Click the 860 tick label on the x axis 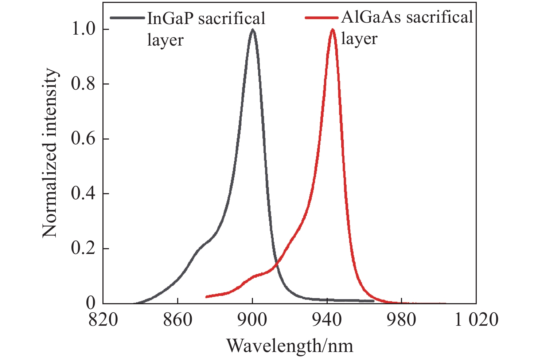pyautogui.click(x=177, y=320)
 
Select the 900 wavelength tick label pyautogui.click(x=252, y=320)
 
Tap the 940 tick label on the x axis pyautogui.click(x=327, y=320)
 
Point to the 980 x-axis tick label pyautogui.click(x=402, y=320)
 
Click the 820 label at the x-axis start pyautogui.click(x=103, y=320)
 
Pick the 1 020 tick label pyautogui.click(x=476, y=320)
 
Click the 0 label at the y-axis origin pyautogui.click(x=91, y=302)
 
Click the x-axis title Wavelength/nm pyautogui.click(x=290, y=345)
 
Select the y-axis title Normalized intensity pyautogui.click(x=50, y=153)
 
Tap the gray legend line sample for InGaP pyautogui.click(x=128, y=17)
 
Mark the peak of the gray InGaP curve pyautogui.click(x=253, y=30)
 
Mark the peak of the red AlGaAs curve pyautogui.click(x=332, y=30)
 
